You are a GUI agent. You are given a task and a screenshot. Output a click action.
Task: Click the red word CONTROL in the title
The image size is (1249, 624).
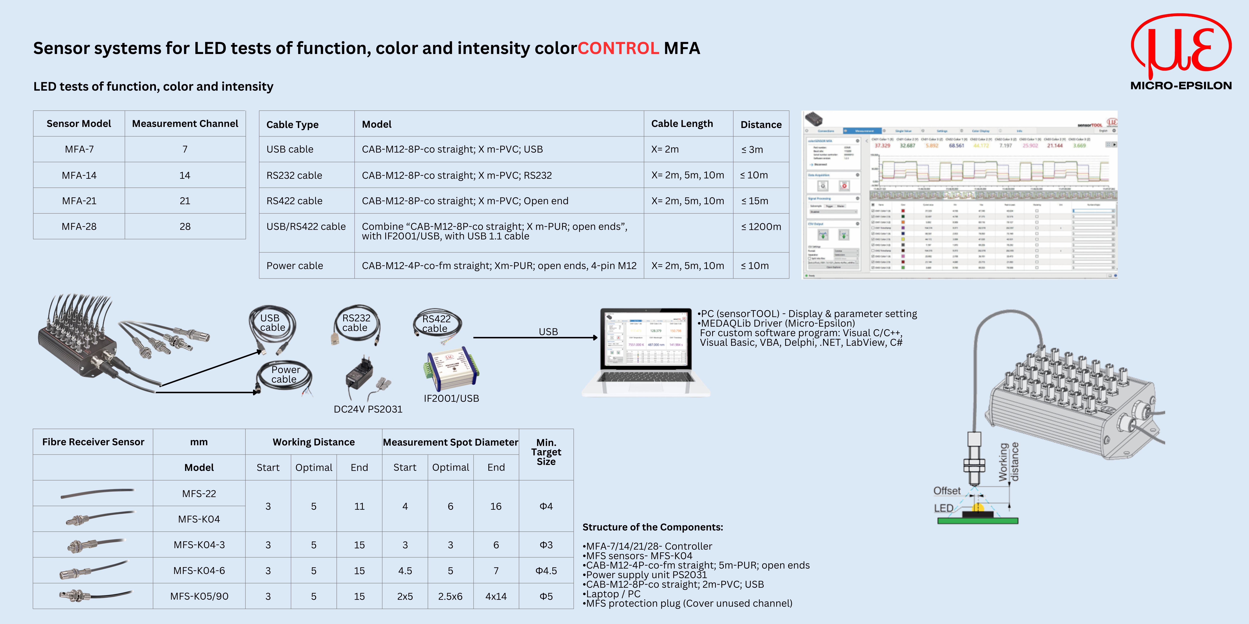click(x=618, y=48)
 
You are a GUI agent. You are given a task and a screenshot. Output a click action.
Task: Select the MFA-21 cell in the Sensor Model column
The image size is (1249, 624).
click(x=79, y=201)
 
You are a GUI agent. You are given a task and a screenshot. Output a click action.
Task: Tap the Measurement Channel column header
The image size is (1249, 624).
click(x=185, y=123)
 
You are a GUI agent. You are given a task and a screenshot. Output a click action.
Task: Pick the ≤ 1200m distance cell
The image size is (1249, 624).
click(x=761, y=226)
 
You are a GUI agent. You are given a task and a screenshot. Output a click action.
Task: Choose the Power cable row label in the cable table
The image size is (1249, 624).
click(x=294, y=265)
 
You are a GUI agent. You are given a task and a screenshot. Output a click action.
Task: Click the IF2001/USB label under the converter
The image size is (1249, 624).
click(x=451, y=398)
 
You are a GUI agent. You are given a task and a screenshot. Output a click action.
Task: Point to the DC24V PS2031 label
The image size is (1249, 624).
click(x=368, y=409)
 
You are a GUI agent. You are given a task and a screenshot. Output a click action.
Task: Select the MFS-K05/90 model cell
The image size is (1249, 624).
click(x=199, y=596)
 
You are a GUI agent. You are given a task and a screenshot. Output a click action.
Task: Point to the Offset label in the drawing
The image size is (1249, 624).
click(x=947, y=491)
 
